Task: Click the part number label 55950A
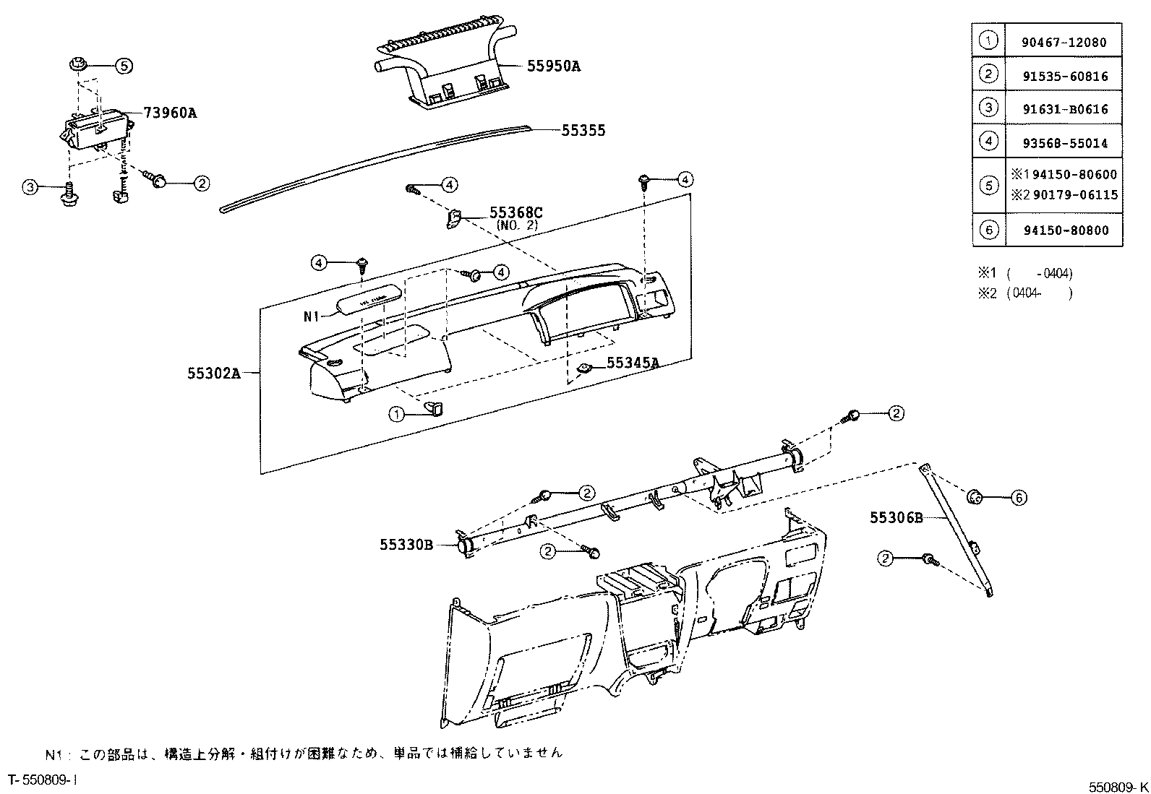click(x=553, y=66)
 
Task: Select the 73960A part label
click(x=170, y=113)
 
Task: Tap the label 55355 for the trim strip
click(x=583, y=131)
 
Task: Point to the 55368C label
click(x=515, y=212)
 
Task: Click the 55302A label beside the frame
click(x=213, y=373)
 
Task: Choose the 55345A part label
click(x=632, y=363)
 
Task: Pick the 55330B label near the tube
click(x=406, y=545)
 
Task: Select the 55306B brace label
click(x=897, y=517)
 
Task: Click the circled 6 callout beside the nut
click(x=1018, y=497)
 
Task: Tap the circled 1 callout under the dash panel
click(x=396, y=414)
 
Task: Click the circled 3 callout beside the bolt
click(x=29, y=188)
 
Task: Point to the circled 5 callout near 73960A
click(x=124, y=66)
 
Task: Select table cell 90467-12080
click(x=1064, y=43)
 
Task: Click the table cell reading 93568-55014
click(x=1064, y=143)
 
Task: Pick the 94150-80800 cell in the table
click(x=1064, y=230)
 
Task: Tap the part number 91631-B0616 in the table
click(x=1064, y=110)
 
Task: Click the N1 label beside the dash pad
click(x=311, y=316)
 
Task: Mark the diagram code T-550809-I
click(x=42, y=780)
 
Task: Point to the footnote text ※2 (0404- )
click(x=1025, y=293)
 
